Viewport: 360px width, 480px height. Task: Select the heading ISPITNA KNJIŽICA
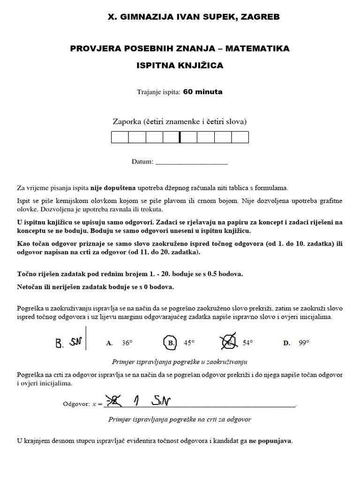click(180, 66)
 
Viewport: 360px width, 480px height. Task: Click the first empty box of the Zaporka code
click(120, 137)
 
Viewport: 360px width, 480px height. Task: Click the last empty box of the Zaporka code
click(240, 137)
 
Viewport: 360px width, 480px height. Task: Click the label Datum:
click(142, 162)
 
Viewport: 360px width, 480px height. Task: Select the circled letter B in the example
click(171, 343)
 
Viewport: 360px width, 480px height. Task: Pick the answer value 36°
click(127, 343)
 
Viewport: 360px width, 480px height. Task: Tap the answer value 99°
click(304, 343)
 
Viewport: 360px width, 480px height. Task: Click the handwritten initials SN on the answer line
click(161, 402)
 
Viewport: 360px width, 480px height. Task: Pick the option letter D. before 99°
click(287, 343)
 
